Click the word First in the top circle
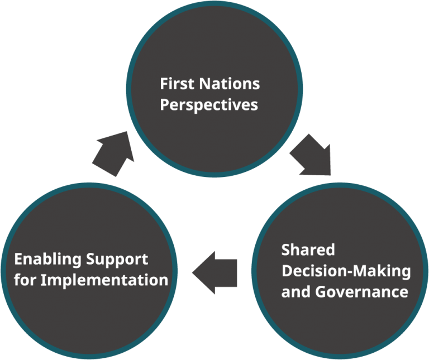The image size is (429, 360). point(175,84)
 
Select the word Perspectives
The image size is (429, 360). point(209,104)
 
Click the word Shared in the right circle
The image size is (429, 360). point(308,249)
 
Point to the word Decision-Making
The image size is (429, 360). point(346,271)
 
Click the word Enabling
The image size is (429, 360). point(48,260)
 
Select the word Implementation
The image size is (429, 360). point(104,280)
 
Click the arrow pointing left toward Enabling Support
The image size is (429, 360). point(216,272)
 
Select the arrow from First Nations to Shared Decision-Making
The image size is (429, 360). point(311,154)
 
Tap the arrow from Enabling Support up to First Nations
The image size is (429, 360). point(113,153)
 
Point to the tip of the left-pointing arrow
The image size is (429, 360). point(194,272)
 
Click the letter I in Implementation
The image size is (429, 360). point(44,280)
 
